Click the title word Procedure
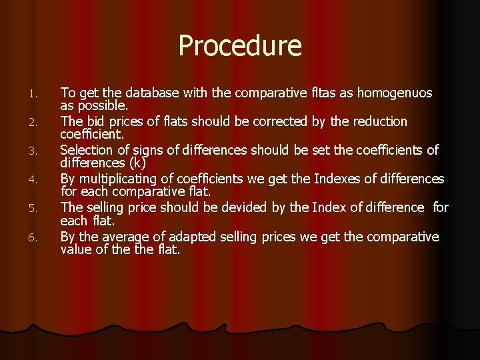point(240,46)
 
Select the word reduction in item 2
point(374,121)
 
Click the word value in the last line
point(78,250)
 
